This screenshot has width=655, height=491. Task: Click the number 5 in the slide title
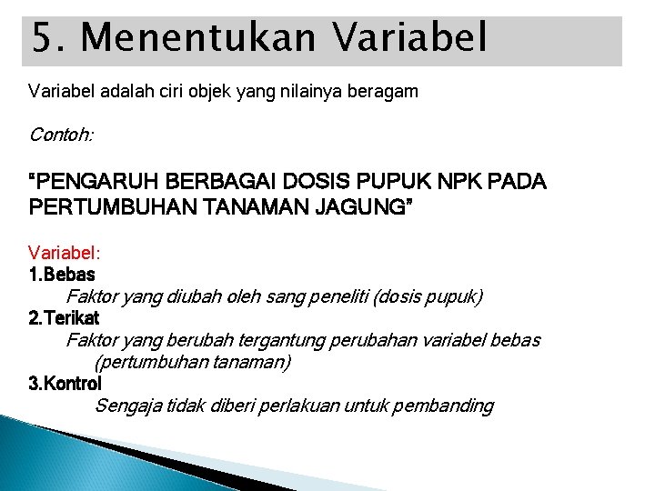[x=43, y=40]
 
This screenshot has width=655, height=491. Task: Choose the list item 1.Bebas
[x=62, y=274]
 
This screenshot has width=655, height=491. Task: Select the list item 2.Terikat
[x=65, y=318]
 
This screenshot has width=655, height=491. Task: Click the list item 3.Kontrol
[x=65, y=384]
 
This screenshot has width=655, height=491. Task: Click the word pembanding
[x=445, y=406]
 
